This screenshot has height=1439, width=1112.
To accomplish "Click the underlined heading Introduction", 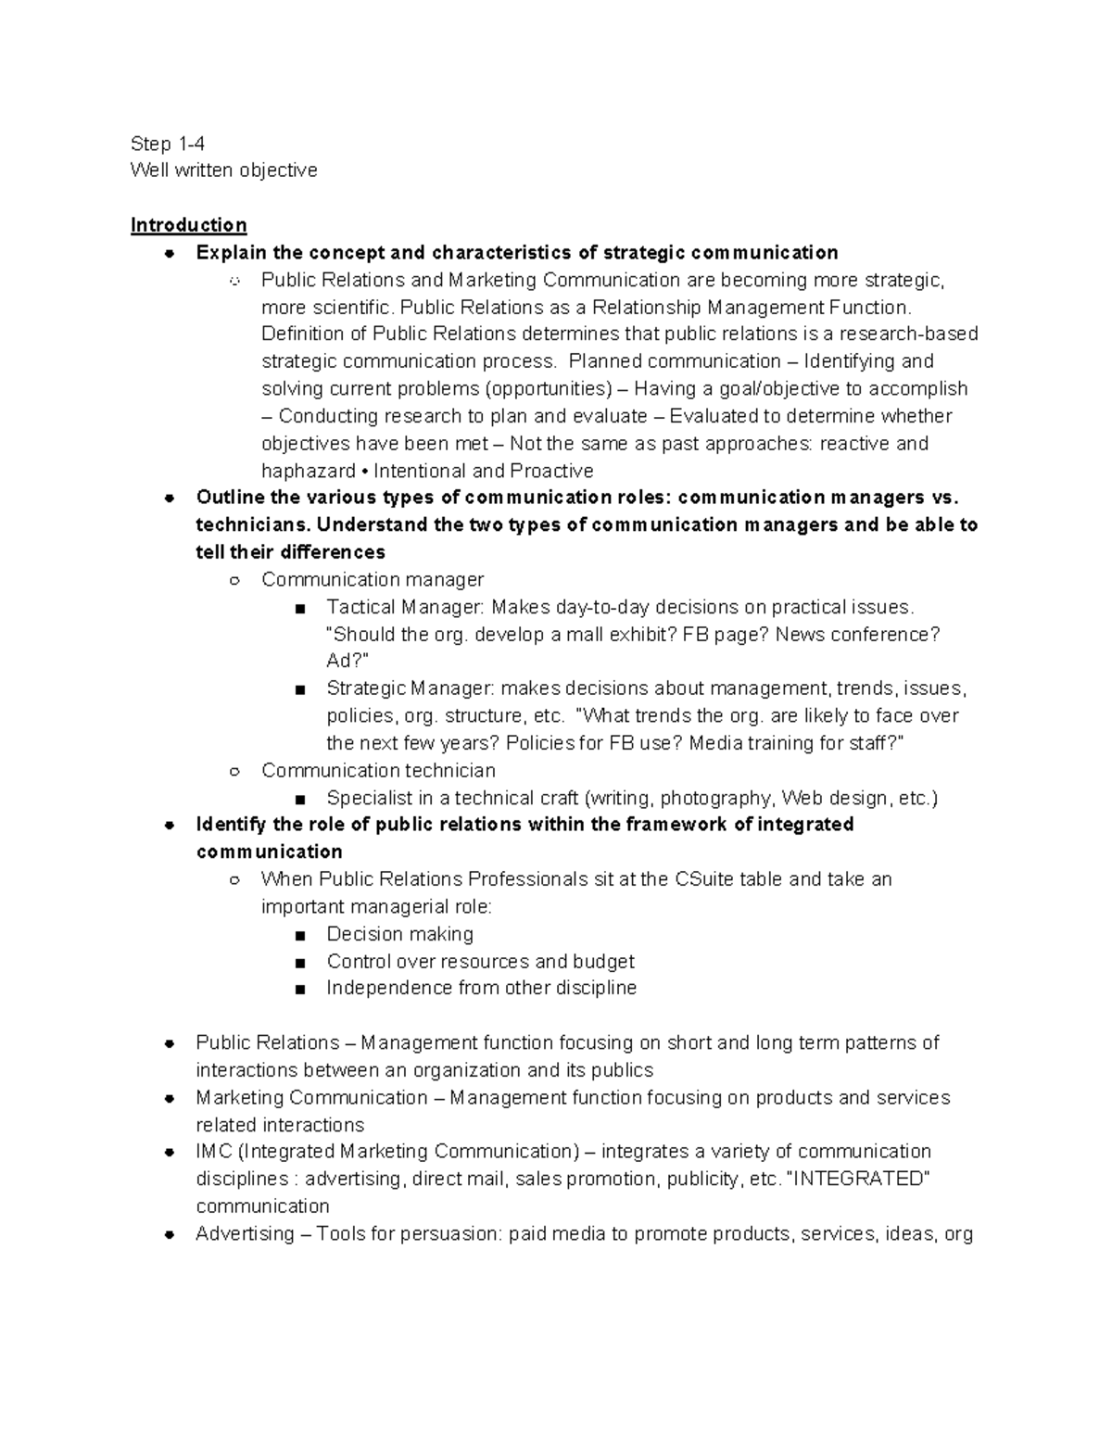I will pos(188,225).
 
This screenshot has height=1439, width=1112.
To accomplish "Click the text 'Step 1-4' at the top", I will pos(168,144).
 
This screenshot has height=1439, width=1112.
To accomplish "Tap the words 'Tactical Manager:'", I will pos(405,607).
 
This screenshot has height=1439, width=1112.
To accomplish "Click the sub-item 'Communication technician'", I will pos(378,770).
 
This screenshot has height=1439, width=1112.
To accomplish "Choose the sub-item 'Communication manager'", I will pos(373,580).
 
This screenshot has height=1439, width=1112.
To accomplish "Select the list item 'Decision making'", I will pos(399,934).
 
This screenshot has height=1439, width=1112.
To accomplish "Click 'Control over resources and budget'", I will pos(480,961).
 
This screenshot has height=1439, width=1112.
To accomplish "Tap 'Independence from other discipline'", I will pos(481,988).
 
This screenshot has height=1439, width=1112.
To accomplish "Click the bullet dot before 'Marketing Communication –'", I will pos(170,1098).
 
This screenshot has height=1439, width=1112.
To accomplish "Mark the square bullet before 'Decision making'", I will pos(298,935).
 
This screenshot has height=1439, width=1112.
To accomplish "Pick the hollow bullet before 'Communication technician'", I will pos(234,771).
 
